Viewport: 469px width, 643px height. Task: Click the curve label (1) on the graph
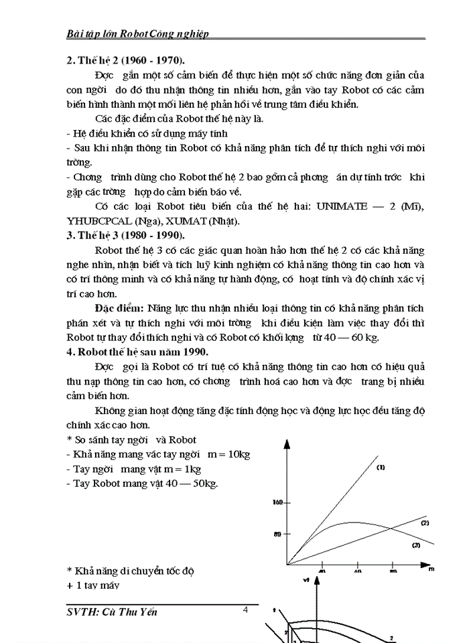[x=380, y=467]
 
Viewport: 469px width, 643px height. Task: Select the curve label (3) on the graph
[x=415, y=545]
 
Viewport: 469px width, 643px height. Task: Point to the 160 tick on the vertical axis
[x=279, y=502]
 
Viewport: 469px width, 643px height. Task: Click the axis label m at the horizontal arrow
[x=431, y=568]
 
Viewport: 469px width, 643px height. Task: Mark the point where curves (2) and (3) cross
[x=391, y=530]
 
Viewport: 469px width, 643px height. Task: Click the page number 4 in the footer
[x=246, y=610]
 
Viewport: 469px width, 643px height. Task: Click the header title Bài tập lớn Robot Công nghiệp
[x=137, y=33]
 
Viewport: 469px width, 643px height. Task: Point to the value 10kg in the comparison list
[x=237, y=455]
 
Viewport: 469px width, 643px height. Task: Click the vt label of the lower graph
[x=306, y=580]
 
